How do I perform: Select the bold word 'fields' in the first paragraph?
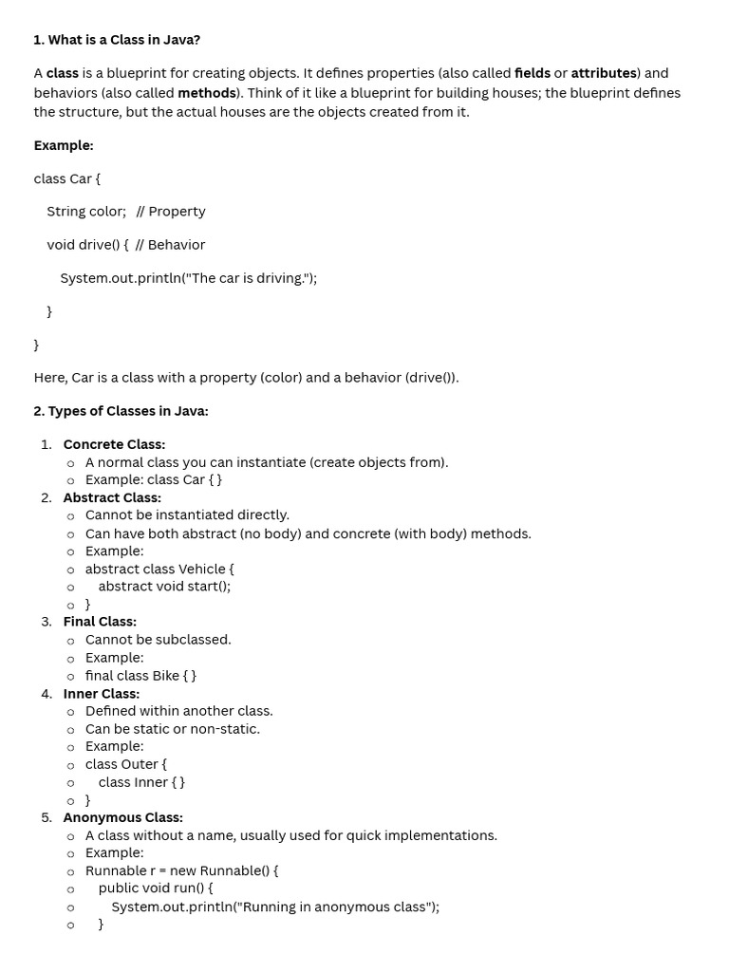(532, 73)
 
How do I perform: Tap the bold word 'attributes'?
(603, 73)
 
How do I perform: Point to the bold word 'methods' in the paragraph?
(206, 93)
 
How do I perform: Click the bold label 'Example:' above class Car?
(64, 145)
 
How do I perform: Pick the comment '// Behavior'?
(171, 245)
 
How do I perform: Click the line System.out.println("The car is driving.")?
(188, 278)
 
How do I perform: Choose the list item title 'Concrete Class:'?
(114, 444)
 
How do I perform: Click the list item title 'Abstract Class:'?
(112, 497)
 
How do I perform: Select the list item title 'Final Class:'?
(100, 622)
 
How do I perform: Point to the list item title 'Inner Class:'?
(101, 694)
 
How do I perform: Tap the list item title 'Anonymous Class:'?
(122, 817)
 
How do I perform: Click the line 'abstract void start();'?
(164, 586)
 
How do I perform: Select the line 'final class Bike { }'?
(140, 676)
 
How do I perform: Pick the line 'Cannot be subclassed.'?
(158, 640)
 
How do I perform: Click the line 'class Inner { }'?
(141, 782)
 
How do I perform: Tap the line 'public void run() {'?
(156, 888)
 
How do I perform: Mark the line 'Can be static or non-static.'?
(172, 729)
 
